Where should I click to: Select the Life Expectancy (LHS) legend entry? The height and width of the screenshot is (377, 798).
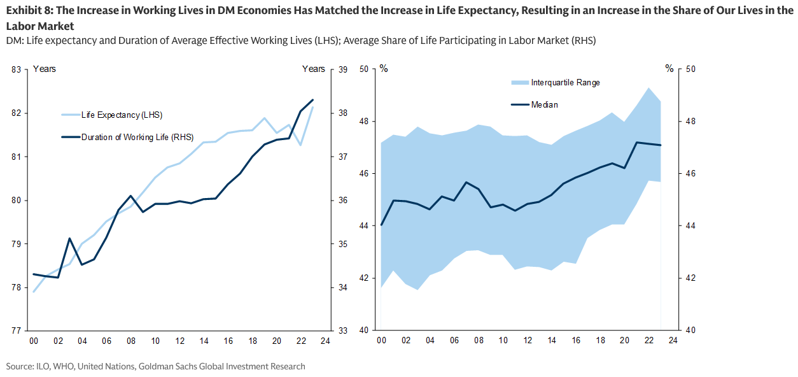pyautogui.click(x=122, y=115)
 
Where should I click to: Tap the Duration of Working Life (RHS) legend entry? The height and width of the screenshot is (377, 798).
pyautogui.click(x=137, y=136)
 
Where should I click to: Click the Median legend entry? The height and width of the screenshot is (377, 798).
pyautogui.click(x=544, y=104)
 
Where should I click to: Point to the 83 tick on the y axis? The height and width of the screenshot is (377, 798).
pyautogui.click(x=17, y=69)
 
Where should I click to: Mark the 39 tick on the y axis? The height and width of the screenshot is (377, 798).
pyautogui.click(x=341, y=69)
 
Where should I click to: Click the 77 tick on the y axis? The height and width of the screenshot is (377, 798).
pyautogui.click(x=17, y=331)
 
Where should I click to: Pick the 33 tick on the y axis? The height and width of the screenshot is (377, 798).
pyautogui.click(x=341, y=331)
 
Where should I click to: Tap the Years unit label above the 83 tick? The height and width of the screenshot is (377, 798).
pyautogui.click(x=45, y=69)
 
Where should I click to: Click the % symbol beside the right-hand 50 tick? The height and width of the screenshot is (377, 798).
pyautogui.click(x=669, y=69)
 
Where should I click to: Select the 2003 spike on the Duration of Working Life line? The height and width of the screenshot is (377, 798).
pyautogui.click(x=69, y=238)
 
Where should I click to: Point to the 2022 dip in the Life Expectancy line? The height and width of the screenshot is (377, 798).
pyautogui.click(x=300, y=145)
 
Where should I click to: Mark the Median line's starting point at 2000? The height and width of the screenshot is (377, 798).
pyautogui.click(x=381, y=225)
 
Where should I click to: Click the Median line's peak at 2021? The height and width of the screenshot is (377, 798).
pyautogui.click(x=637, y=142)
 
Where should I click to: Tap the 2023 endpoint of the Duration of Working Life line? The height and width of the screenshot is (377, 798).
pyautogui.click(x=312, y=100)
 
